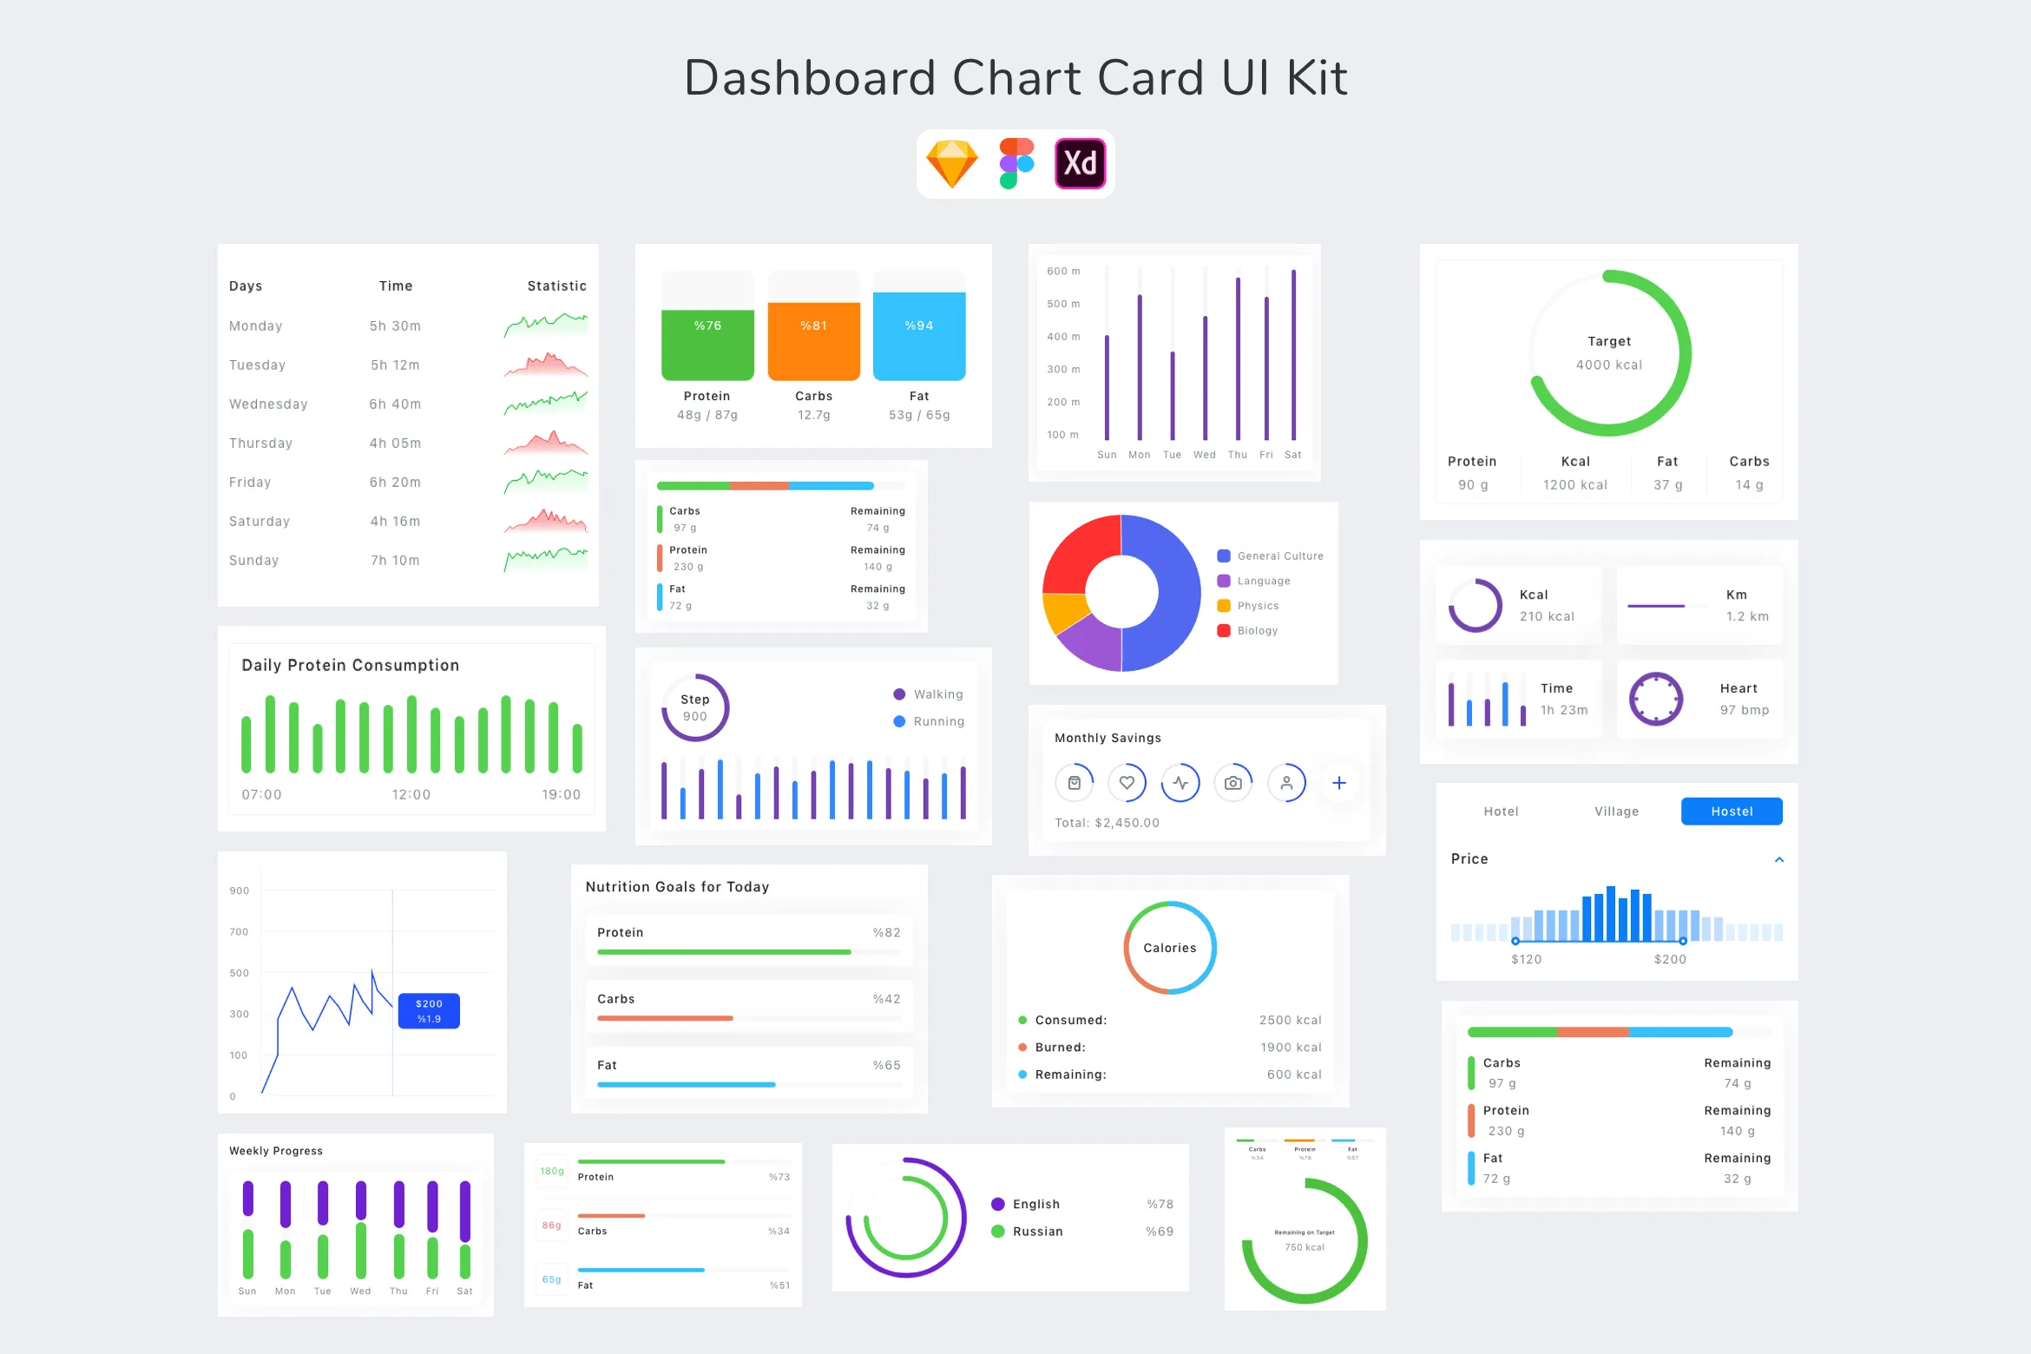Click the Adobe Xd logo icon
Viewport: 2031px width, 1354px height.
(1080, 163)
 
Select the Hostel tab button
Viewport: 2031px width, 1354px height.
(1731, 812)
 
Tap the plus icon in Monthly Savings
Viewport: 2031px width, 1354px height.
(1338, 783)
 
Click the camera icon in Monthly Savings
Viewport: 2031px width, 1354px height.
(1232, 783)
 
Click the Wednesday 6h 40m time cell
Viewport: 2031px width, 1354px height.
(395, 404)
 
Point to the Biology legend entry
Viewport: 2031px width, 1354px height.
(1257, 631)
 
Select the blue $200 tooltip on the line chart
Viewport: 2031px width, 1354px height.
(429, 1011)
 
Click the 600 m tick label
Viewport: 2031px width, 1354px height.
(1063, 272)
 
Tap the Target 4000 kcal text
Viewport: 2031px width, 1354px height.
(1609, 353)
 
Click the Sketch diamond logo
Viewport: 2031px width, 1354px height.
(952, 163)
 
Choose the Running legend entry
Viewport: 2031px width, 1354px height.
(938, 721)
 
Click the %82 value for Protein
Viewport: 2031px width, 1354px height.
(886, 933)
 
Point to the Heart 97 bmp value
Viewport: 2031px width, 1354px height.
(1745, 710)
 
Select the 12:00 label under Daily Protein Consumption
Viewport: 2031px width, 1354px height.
(411, 795)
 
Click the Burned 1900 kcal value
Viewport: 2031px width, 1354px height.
(1291, 1048)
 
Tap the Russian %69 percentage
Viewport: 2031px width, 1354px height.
(1159, 1232)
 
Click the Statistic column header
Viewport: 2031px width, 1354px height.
(556, 286)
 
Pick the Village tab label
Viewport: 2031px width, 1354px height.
(1616, 812)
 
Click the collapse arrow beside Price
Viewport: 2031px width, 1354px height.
(1778, 859)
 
